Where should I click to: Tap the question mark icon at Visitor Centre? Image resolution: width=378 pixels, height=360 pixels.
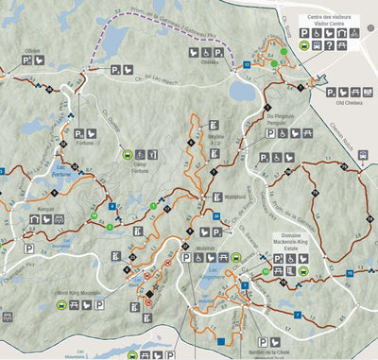[352, 32]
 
